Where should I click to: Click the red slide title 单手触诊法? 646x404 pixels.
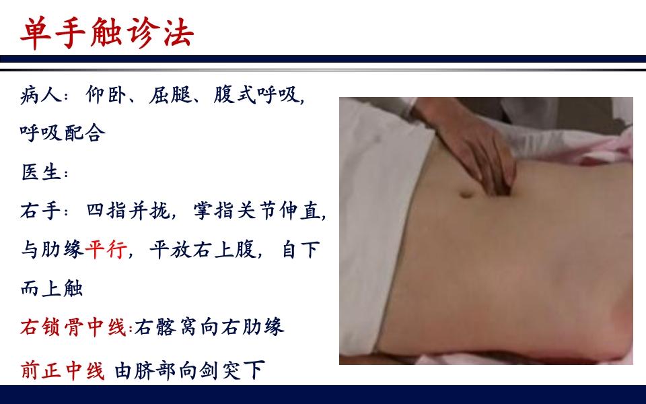tap(106, 32)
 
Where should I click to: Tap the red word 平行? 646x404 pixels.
tap(106, 250)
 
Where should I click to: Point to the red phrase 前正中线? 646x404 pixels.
tap(63, 370)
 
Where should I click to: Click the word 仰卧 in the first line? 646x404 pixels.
tap(106, 94)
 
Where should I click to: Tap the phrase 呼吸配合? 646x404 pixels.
tap(63, 133)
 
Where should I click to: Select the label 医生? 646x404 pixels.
tap(44, 172)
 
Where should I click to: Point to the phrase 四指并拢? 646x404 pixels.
tap(128, 211)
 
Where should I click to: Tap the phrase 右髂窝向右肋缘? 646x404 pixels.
tap(209, 328)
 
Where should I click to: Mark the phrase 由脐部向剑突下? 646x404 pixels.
tap(190, 370)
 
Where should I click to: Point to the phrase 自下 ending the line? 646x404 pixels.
tap(300, 250)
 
